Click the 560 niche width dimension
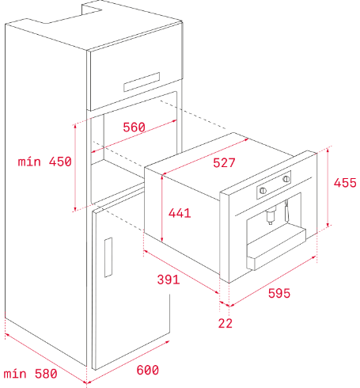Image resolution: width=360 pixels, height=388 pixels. tap(134, 127)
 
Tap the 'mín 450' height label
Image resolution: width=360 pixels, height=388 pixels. tap(44, 162)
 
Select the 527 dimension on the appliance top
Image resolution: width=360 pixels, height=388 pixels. tap(224, 163)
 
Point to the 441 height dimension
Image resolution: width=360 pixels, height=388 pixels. tap(180, 213)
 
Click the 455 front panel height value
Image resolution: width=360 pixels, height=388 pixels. tap(345, 183)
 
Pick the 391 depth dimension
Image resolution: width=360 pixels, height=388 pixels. tap(169, 280)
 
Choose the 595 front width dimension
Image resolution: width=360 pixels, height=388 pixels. tap(279, 293)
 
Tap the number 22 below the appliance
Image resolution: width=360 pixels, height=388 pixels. tap(225, 323)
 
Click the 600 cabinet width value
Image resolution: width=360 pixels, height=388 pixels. tap(148, 370)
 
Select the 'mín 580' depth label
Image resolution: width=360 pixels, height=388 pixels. tap(30, 374)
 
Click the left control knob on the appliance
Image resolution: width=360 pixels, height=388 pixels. tap(263, 190)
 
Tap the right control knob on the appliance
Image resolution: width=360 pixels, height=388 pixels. tap(286, 179)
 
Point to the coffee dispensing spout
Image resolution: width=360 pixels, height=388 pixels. tap(271, 215)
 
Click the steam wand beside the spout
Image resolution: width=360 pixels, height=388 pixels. tap(286, 211)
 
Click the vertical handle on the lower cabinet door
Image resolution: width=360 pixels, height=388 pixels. tap(108, 257)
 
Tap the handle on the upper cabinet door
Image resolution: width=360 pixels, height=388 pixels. tap(142, 82)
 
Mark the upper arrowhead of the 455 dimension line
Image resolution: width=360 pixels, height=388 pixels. tap(328, 150)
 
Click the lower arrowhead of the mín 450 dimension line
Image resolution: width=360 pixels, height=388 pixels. tap(75, 209)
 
